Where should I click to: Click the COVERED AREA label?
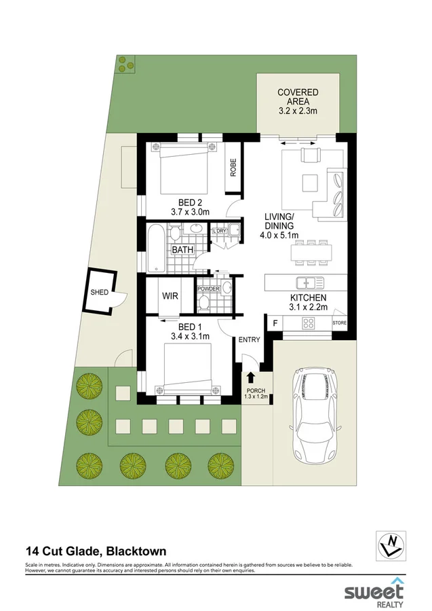(x=297, y=102)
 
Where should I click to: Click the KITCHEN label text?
(x=309, y=297)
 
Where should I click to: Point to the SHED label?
(x=99, y=293)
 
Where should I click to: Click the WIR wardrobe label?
(x=169, y=296)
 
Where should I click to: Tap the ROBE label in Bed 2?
(x=233, y=167)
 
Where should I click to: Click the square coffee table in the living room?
(x=311, y=182)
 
